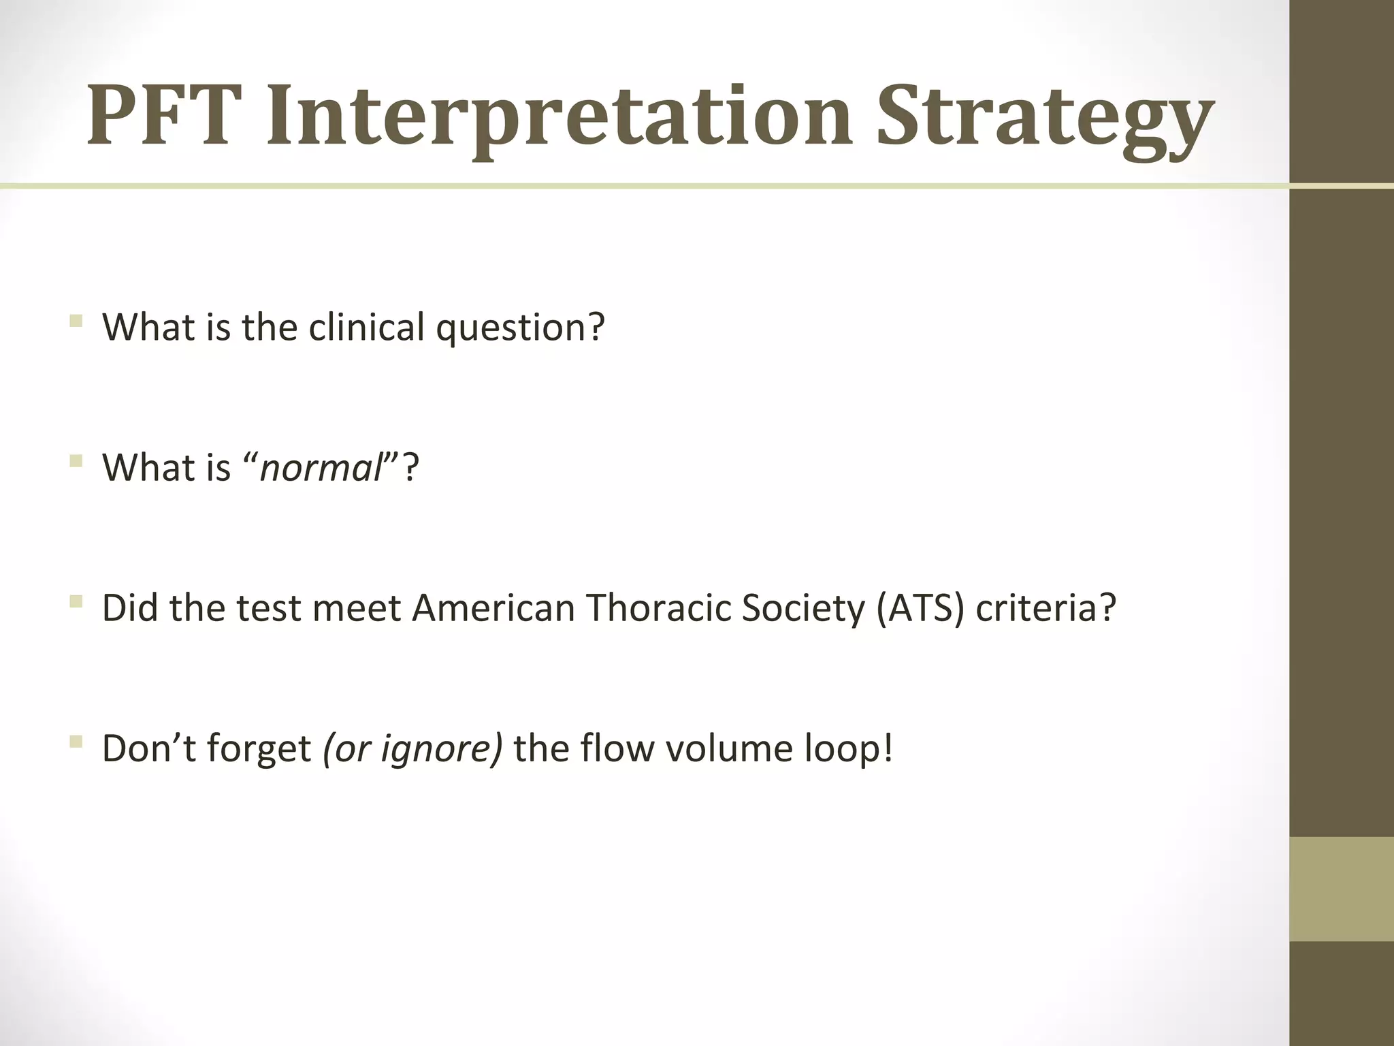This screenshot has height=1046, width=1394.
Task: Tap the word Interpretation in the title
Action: point(558,117)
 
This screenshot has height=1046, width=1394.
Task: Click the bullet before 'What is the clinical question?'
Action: point(76,320)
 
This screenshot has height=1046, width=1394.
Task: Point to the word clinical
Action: point(366,327)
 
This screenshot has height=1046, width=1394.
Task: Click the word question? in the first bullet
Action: point(520,328)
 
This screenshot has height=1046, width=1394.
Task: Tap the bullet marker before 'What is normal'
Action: point(76,461)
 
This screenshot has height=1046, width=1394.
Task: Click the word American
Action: point(493,607)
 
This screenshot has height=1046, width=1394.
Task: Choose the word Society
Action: point(803,609)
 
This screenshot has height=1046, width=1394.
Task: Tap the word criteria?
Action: point(1045,607)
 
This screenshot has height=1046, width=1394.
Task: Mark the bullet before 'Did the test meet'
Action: point(76,601)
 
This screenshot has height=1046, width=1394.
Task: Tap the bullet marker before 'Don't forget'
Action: point(76,742)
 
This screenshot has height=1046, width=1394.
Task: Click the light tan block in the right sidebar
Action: point(1342,889)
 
